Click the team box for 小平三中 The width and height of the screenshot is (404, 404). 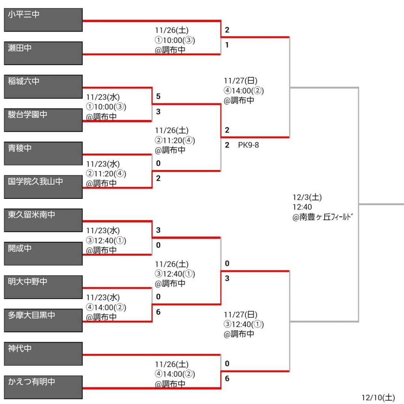coord(43,20)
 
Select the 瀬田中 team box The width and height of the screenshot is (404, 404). coord(43,53)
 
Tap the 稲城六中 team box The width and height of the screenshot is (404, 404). coord(43,87)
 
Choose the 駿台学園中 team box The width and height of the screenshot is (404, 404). coord(43,120)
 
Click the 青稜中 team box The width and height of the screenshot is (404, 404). coord(43,153)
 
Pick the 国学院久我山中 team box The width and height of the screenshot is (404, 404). coord(43,187)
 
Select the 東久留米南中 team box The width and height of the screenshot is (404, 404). coord(43,220)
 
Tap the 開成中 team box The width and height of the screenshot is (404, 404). coord(43,253)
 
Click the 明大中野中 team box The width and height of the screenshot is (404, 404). coord(43,287)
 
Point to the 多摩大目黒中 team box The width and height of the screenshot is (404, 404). coord(43,320)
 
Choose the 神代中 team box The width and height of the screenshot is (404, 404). coord(43,353)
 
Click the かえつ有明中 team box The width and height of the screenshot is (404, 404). coord(43,387)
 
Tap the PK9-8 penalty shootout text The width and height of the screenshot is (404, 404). coord(248,145)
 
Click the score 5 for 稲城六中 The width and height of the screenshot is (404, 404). coord(158,97)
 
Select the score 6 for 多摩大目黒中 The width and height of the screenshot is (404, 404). coord(158,312)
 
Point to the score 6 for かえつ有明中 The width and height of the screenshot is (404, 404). coord(227,379)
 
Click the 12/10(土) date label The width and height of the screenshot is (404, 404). coord(378,397)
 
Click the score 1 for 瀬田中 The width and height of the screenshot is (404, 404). coord(227,45)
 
